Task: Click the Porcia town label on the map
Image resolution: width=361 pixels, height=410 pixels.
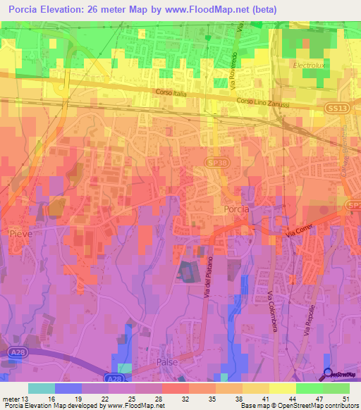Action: pyautogui.click(x=235, y=210)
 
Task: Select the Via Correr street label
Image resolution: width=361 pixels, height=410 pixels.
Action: pyautogui.click(x=300, y=231)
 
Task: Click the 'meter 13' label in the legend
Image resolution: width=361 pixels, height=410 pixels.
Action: pyautogui.click(x=15, y=398)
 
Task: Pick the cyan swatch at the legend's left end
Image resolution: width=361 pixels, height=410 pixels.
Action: pyautogui.click(x=42, y=388)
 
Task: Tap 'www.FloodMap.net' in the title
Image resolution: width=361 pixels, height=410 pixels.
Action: pyautogui.click(x=216, y=9)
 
